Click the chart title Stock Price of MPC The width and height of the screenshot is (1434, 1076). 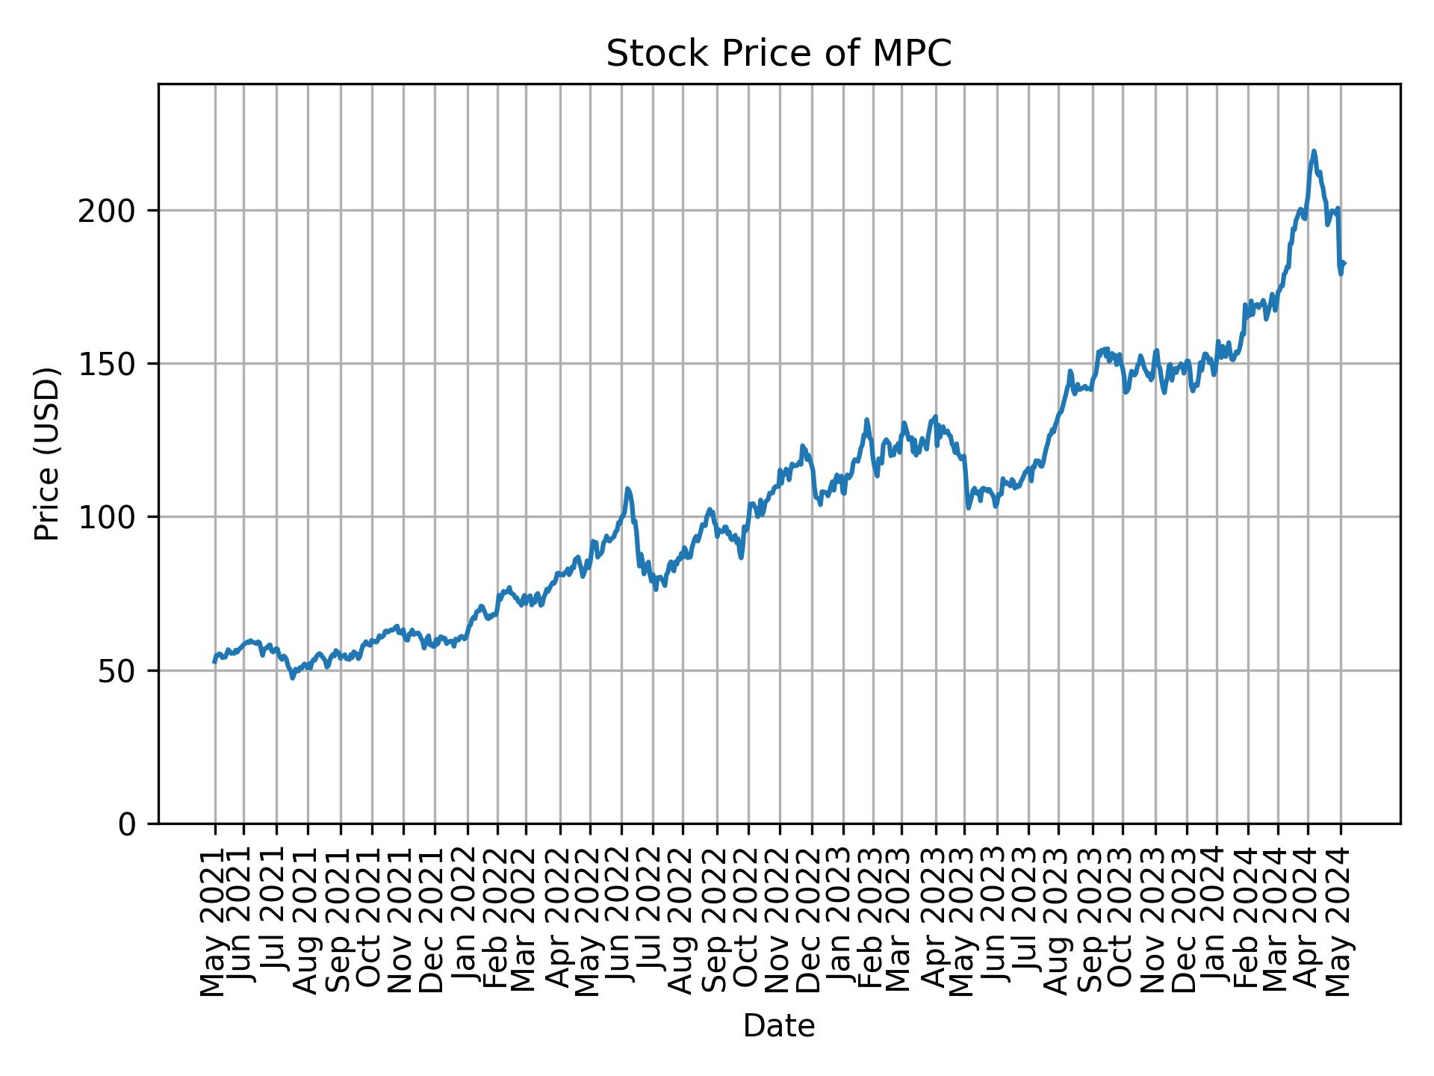[778, 55]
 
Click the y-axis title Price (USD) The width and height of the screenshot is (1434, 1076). [47, 454]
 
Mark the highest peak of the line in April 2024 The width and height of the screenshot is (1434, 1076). [1314, 151]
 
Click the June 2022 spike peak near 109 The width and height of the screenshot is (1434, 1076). [628, 489]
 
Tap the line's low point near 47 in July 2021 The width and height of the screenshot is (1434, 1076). [293, 678]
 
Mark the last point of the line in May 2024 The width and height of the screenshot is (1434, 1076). [1344, 263]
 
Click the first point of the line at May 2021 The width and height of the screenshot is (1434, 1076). [214, 661]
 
